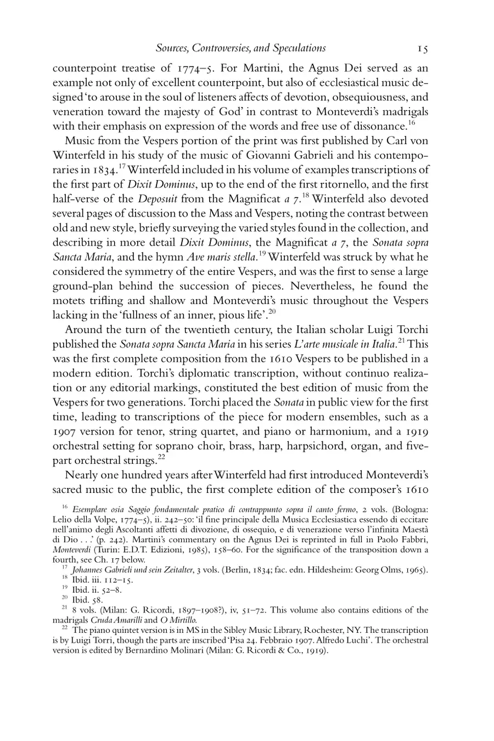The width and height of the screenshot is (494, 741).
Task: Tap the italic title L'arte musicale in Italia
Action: tap(341, 344)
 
